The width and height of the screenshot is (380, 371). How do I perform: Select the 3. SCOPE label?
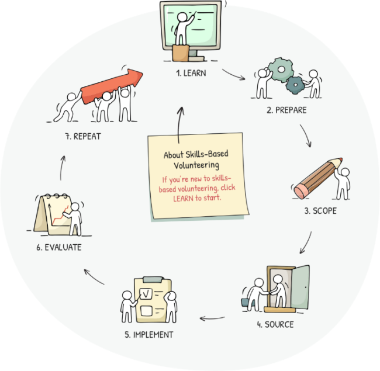(x=320, y=210)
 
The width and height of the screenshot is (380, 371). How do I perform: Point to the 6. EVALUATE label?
(x=58, y=248)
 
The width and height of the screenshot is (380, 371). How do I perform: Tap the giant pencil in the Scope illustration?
(x=319, y=176)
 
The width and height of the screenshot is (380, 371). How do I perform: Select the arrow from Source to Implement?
(x=213, y=318)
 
